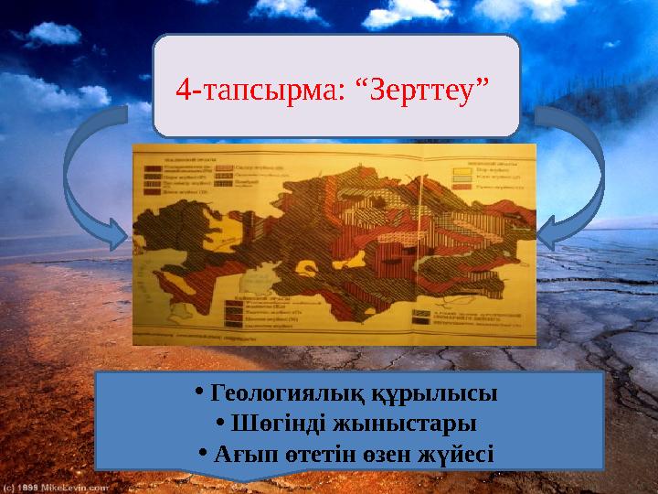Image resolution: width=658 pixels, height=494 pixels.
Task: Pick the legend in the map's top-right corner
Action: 481,171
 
